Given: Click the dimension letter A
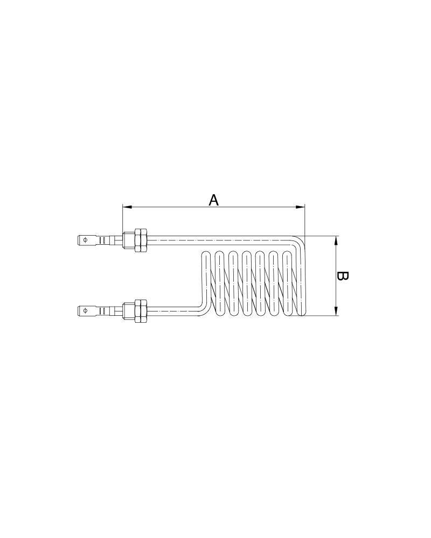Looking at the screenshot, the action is [213, 200].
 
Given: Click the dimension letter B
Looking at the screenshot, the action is [342, 276].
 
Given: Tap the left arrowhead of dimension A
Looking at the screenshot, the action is [127, 207].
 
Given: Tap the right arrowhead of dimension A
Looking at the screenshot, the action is [301, 207].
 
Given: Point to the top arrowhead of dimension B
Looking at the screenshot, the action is [336, 240].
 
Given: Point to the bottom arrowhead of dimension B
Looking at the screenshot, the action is [336, 311].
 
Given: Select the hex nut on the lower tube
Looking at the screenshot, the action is [141, 310].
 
